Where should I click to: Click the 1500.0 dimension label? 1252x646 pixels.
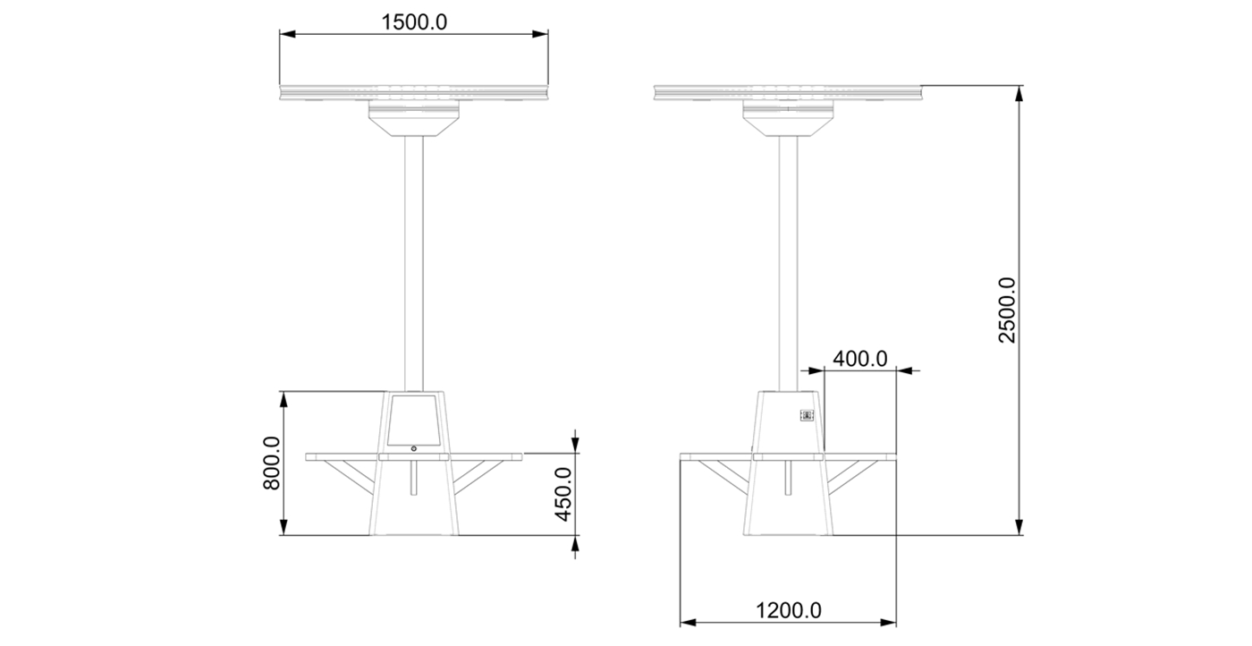pos(413,22)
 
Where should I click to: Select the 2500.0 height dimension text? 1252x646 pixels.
pos(1008,310)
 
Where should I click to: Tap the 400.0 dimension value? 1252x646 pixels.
pos(859,359)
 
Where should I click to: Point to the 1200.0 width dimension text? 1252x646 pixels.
pos(788,611)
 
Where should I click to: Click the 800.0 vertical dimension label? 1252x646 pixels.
pos(272,463)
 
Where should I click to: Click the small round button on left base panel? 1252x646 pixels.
pos(413,448)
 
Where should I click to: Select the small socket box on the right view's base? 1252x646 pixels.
pos(806,415)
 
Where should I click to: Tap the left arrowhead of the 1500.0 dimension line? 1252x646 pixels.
pos(286,35)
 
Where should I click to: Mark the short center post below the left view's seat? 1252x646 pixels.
pos(413,478)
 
